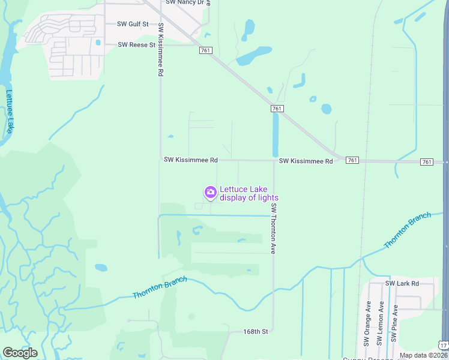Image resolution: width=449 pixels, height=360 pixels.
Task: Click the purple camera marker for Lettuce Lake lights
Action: [210, 192]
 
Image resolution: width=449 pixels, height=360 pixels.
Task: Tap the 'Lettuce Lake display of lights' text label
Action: [249, 193]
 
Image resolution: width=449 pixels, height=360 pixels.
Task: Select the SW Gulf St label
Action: [133, 24]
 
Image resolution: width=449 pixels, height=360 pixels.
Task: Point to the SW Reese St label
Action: [136, 44]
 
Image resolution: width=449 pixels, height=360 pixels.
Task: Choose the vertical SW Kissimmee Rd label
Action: [161, 49]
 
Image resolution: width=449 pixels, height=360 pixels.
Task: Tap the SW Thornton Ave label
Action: [273, 228]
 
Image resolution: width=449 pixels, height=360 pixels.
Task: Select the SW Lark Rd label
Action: [402, 283]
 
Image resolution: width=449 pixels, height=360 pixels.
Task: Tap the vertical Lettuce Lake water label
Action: [10, 111]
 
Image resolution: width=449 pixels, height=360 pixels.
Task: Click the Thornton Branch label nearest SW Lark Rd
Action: [408, 230]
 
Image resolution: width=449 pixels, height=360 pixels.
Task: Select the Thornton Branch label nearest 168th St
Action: [160, 287]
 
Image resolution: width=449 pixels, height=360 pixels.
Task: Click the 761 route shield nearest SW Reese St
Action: [205, 51]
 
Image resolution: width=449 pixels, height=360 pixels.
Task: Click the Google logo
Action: [20, 353]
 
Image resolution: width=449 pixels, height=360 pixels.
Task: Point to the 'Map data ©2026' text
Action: [423, 355]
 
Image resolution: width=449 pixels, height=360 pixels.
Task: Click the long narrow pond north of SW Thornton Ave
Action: [276, 135]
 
